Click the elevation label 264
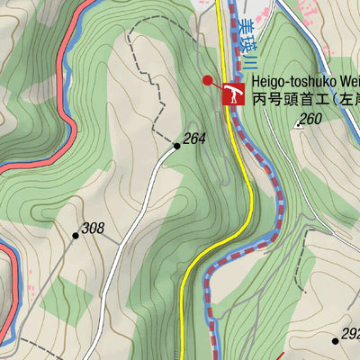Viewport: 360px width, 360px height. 194,139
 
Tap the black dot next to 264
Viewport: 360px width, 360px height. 177,144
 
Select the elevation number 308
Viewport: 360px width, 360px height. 93,229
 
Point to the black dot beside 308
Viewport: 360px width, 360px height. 76,235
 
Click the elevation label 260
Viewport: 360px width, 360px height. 310,119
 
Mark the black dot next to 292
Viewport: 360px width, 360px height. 335,340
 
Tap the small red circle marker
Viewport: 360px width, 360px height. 208,80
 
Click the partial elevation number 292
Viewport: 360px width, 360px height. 351,334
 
